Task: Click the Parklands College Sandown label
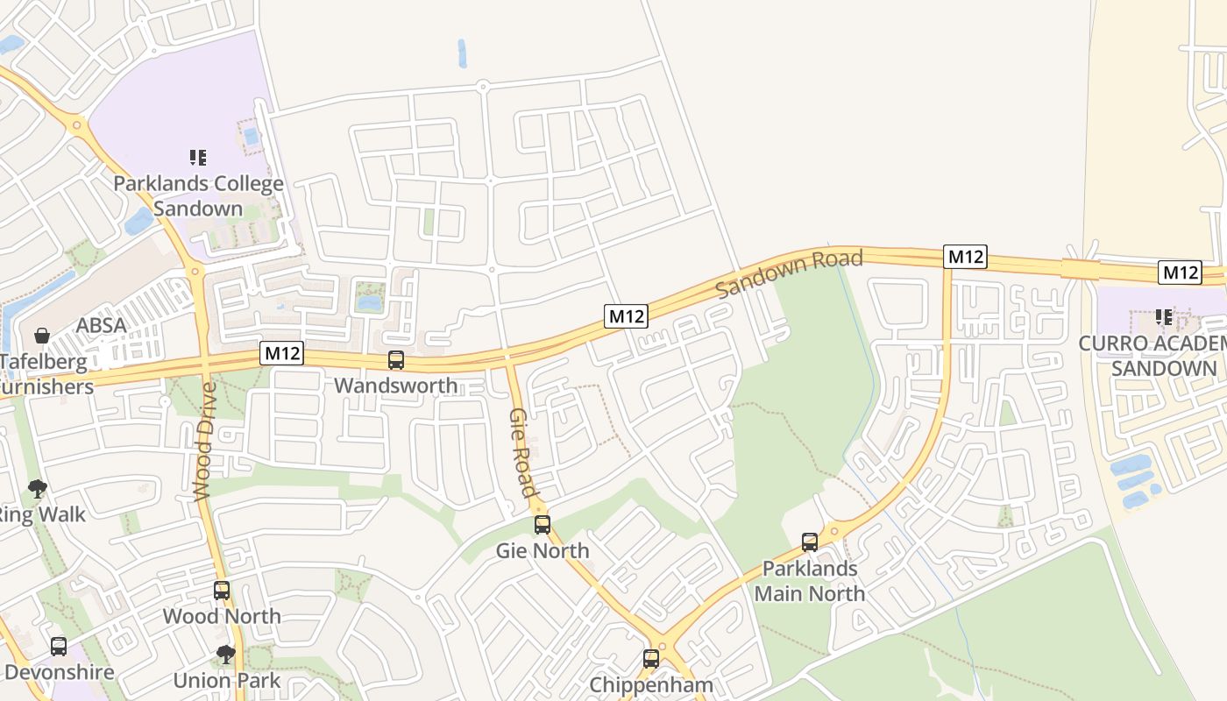click(x=199, y=196)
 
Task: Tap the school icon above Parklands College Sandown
click(x=198, y=158)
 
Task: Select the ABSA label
click(x=101, y=325)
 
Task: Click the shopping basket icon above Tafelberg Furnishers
click(x=41, y=335)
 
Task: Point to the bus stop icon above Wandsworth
click(x=396, y=360)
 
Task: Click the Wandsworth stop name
click(x=396, y=386)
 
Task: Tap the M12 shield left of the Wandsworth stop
click(x=282, y=353)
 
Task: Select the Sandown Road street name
click(x=790, y=273)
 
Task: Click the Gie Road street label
click(x=522, y=452)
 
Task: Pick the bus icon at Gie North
click(x=543, y=525)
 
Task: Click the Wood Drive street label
click(x=203, y=441)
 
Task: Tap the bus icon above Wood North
click(x=222, y=591)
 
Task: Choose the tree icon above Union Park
click(x=226, y=654)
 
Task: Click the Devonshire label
click(x=60, y=673)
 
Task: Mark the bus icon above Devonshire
click(x=59, y=647)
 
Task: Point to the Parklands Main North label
click(x=809, y=581)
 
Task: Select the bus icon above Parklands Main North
click(x=810, y=542)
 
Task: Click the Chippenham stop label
click(x=651, y=684)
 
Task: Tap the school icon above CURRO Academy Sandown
click(x=1164, y=317)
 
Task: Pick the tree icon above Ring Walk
click(x=37, y=488)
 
